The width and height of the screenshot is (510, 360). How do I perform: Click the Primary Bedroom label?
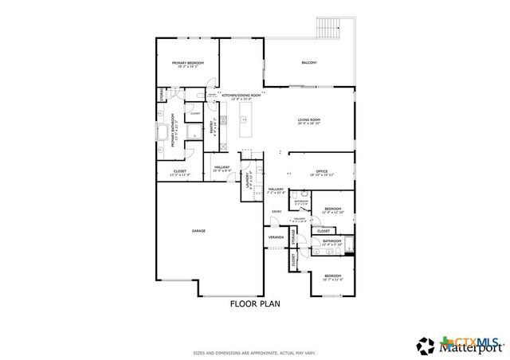pyautogui.click(x=188, y=64)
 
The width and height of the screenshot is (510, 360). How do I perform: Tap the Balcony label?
pyautogui.click(x=309, y=63)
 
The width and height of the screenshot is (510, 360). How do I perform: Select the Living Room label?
pyautogui.click(x=309, y=121)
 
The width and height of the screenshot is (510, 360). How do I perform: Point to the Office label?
pyautogui.click(x=321, y=171)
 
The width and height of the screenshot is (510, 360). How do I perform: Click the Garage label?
pyautogui.click(x=198, y=231)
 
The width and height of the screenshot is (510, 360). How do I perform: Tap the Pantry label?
pyautogui.click(x=213, y=127)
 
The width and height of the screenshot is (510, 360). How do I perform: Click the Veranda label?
pyautogui.click(x=276, y=237)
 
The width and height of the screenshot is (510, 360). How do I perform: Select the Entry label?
pyautogui.click(x=276, y=211)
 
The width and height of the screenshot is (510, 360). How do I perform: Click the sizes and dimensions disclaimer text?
pyautogui.click(x=255, y=352)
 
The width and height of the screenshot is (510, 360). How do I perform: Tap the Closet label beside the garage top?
pyautogui.click(x=181, y=171)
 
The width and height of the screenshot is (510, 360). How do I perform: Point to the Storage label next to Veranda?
pyautogui.click(x=294, y=237)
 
